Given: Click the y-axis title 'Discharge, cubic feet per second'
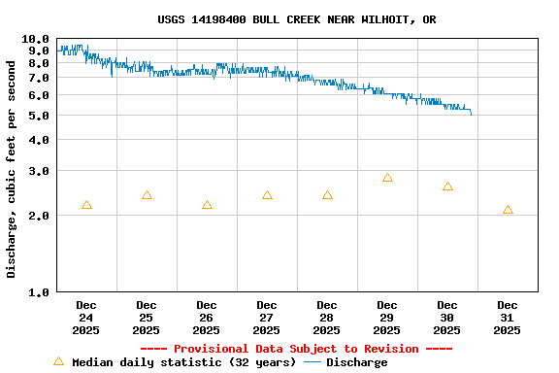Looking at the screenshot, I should (12, 169).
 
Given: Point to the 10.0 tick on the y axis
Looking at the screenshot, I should (37, 39).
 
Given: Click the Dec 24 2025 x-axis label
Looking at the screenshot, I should (86, 318).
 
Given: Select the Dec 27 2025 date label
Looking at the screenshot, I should (267, 318).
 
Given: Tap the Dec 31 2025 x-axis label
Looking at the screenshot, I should (508, 318).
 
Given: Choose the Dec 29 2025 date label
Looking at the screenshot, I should (387, 318).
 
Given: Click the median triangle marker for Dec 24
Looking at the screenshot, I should (86, 205).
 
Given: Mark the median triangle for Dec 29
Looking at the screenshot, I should (387, 178).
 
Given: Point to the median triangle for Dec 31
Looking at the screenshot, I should (508, 210).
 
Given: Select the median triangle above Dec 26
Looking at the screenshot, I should (207, 205).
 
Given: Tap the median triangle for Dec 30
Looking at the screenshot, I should (447, 186).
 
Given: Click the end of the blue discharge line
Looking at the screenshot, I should (472, 115).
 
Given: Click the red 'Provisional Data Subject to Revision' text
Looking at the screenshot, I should (296, 349).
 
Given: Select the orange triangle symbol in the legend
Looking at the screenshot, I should (58, 361).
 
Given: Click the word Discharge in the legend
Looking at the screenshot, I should (356, 362).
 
